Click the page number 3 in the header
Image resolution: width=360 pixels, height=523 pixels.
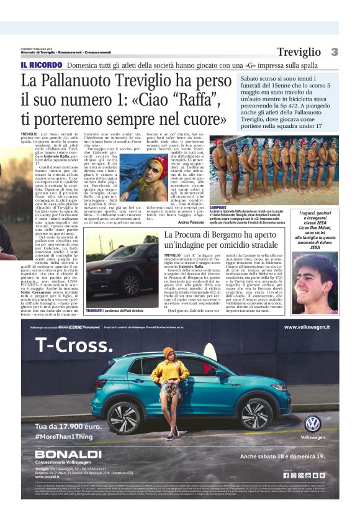coord(334,52)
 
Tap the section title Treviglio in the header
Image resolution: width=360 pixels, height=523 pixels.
coord(299,52)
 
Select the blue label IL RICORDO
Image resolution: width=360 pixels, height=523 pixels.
coord(40,65)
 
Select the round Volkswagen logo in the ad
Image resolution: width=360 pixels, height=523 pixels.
coord(312,424)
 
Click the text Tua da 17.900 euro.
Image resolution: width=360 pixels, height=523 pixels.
coord(68,427)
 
